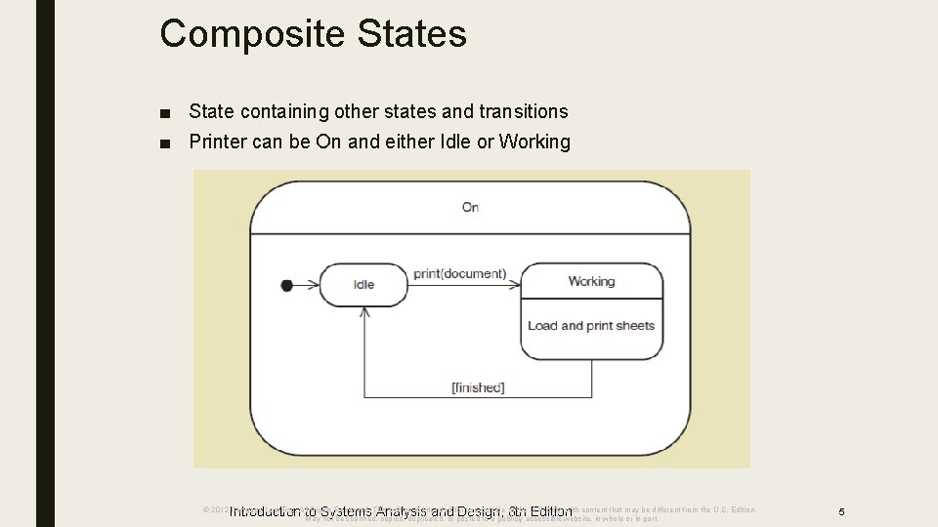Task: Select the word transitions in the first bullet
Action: tap(517, 112)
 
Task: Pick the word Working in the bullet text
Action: tap(534, 142)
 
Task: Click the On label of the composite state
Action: tap(470, 207)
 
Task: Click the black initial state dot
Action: tap(286, 285)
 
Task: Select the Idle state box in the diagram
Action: tap(363, 285)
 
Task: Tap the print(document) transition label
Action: tap(459, 273)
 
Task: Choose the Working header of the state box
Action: tap(591, 281)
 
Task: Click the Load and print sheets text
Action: tap(591, 326)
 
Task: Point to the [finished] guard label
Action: tap(478, 387)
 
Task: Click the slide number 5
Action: tap(841, 511)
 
